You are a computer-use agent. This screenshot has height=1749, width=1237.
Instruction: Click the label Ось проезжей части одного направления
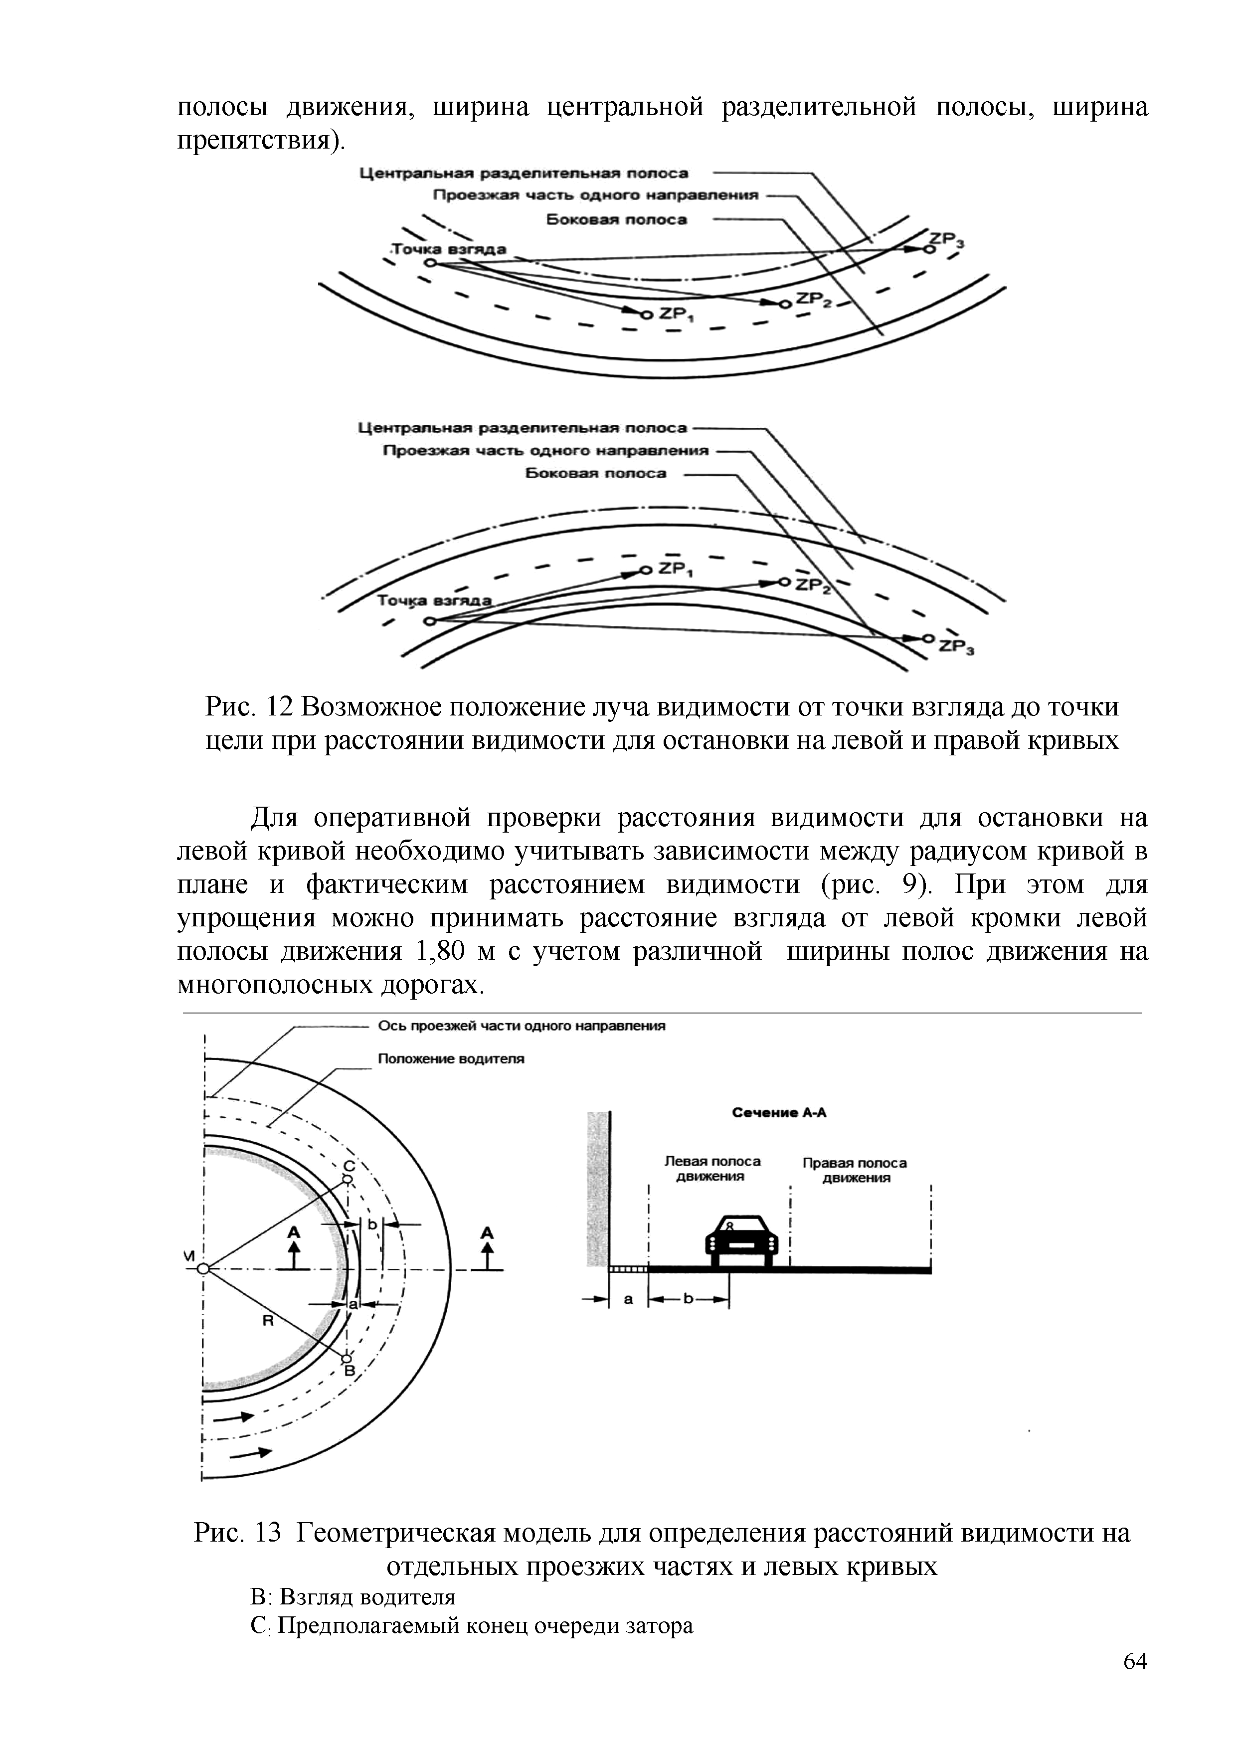click(x=522, y=1026)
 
